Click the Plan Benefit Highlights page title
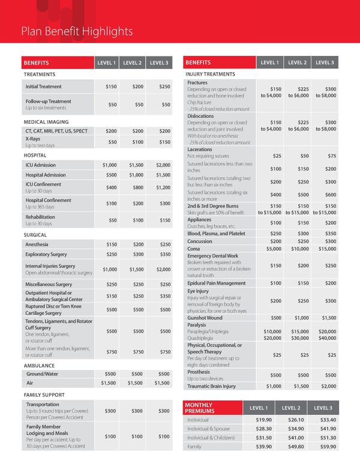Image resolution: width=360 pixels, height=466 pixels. tap(77, 31)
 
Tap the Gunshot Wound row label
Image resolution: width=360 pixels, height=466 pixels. tap(205, 318)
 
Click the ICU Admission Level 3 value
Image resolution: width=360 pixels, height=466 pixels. tap(163, 165)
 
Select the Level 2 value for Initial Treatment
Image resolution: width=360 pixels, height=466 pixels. tap(138, 86)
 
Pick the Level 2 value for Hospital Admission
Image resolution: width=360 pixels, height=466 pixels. tap(137, 175)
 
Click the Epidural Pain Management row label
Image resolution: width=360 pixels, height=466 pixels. tap(216, 283)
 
